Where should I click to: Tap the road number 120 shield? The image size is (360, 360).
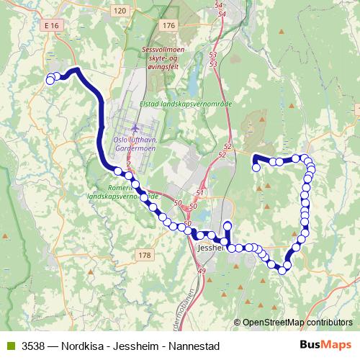[x=120, y=10]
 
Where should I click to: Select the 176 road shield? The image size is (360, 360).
[x=168, y=26]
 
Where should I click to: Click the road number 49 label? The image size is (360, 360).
[x=202, y=271]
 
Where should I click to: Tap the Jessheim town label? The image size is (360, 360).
[x=210, y=248]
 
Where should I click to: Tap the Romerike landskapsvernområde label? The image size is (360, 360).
[x=119, y=191]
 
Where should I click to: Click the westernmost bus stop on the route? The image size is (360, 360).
[x=50, y=81]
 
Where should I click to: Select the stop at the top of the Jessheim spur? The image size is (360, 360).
[x=228, y=225]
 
